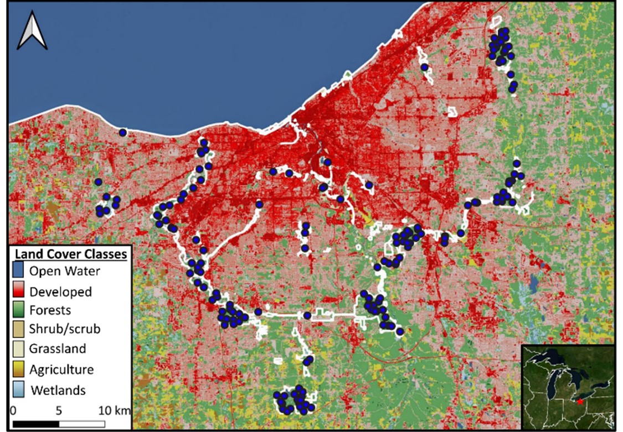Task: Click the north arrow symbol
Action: (x=32, y=32)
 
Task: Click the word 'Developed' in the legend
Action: (x=61, y=292)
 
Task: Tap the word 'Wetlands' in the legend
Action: (x=59, y=390)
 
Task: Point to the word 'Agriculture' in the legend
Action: (x=62, y=369)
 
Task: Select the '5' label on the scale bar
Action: (x=59, y=411)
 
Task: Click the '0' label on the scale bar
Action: (x=13, y=411)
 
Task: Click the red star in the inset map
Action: (x=579, y=401)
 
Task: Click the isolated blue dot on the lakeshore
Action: (x=122, y=132)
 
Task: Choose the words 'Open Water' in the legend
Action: (x=65, y=271)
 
